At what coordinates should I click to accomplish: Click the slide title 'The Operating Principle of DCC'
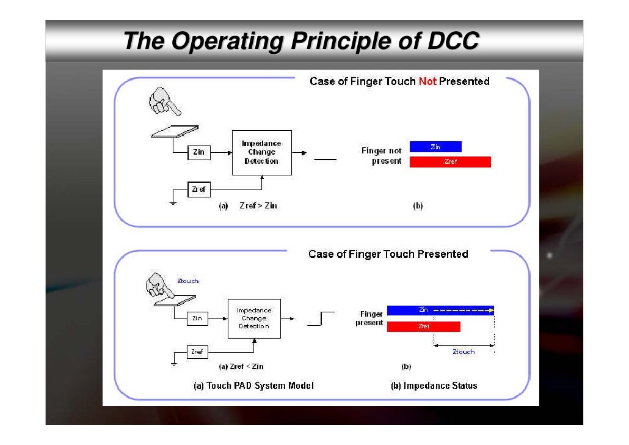click(x=301, y=42)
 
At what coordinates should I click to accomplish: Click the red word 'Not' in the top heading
click(x=427, y=81)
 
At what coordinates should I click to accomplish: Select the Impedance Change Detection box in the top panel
click(x=261, y=153)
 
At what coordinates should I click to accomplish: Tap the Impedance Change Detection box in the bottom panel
click(x=253, y=318)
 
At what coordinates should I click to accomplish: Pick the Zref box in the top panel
click(x=198, y=189)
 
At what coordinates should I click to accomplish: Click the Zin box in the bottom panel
click(x=197, y=318)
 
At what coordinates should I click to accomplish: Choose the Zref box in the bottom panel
click(x=197, y=352)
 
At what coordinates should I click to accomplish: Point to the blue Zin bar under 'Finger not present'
click(x=435, y=147)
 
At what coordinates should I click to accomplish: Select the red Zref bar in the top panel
click(x=450, y=162)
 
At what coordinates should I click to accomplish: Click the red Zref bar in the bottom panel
click(x=423, y=326)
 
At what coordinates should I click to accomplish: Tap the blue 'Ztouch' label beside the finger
click(x=187, y=281)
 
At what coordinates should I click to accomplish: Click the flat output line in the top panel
click(x=325, y=160)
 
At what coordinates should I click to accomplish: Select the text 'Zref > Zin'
click(x=258, y=206)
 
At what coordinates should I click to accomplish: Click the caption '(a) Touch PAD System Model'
click(x=253, y=386)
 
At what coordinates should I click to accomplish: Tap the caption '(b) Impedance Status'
click(x=434, y=386)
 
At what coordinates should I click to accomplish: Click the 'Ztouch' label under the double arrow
click(x=463, y=352)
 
